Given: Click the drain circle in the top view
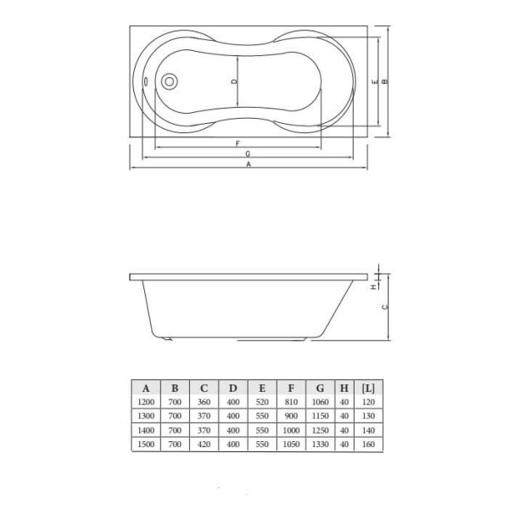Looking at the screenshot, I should pyautogui.click(x=168, y=82).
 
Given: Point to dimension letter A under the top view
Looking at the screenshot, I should pyautogui.click(x=249, y=166).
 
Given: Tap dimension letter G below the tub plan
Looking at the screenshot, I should pyautogui.click(x=247, y=154).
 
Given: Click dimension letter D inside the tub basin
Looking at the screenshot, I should pyautogui.click(x=236, y=82).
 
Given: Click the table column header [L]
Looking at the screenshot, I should pyautogui.click(x=368, y=389).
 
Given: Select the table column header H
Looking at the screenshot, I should pyautogui.click(x=344, y=389).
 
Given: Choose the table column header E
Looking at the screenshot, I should pyautogui.click(x=261, y=389).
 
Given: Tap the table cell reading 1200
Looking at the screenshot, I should pyautogui.click(x=145, y=402).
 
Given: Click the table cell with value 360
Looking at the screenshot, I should pyautogui.click(x=204, y=402).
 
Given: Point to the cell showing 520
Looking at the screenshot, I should pyautogui.click(x=261, y=402).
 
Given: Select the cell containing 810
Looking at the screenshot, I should pyautogui.click(x=290, y=402).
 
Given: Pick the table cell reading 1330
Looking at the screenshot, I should pyautogui.click(x=319, y=445).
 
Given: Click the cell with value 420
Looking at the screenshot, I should pyautogui.click(x=204, y=445).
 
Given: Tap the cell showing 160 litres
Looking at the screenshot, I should pyautogui.click(x=368, y=445).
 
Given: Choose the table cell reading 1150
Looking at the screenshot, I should pyautogui.click(x=319, y=417).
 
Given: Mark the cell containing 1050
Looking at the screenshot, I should pyautogui.click(x=290, y=445).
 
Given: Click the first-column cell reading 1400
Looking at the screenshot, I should pyautogui.click(x=145, y=431).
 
